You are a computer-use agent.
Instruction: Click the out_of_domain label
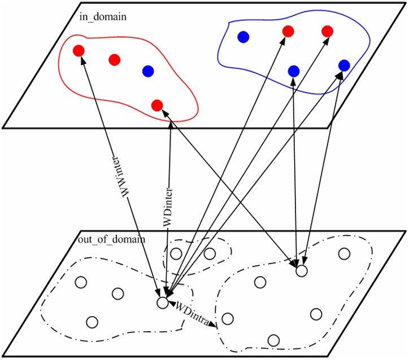click(112, 239)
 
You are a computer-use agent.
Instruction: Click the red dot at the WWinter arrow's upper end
click(79, 51)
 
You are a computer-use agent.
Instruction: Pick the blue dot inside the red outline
click(148, 71)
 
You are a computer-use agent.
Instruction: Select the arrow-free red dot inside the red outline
click(115, 59)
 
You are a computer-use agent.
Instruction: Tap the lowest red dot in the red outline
click(158, 105)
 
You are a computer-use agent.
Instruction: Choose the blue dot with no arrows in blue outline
click(243, 37)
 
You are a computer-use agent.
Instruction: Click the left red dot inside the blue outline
click(288, 31)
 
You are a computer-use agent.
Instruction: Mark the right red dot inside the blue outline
click(327, 31)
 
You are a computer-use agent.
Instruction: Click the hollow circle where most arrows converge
click(162, 303)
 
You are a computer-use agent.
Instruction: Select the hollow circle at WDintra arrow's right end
click(228, 319)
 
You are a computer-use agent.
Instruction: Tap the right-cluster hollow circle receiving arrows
click(302, 271)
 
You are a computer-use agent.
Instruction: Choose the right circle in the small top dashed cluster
click(210, 253)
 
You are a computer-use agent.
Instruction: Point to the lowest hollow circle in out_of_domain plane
click(273, 340)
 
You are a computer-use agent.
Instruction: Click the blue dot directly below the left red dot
click(293, 71)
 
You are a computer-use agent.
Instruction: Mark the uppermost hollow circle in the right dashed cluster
click(343, 253)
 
